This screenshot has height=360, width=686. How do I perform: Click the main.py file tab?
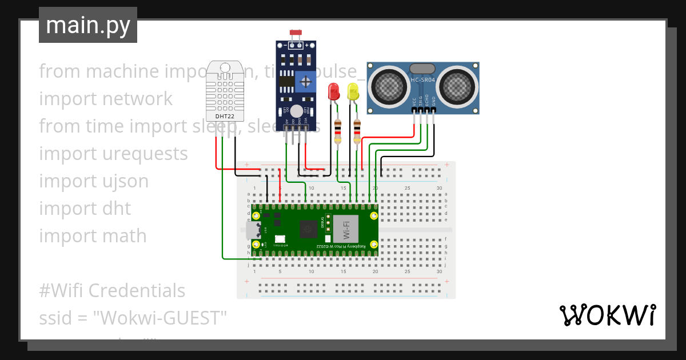click(87, 25)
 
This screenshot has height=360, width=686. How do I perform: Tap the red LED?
click(333, 91)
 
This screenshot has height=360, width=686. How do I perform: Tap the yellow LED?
click(353, 91)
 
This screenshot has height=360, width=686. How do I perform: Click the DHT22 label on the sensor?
click(224, 116)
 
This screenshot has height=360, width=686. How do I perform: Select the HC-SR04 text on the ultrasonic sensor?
click(422, 80)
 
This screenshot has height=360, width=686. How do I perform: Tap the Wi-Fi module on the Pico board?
click(346, 229)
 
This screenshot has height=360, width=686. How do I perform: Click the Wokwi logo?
click(607, 315)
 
